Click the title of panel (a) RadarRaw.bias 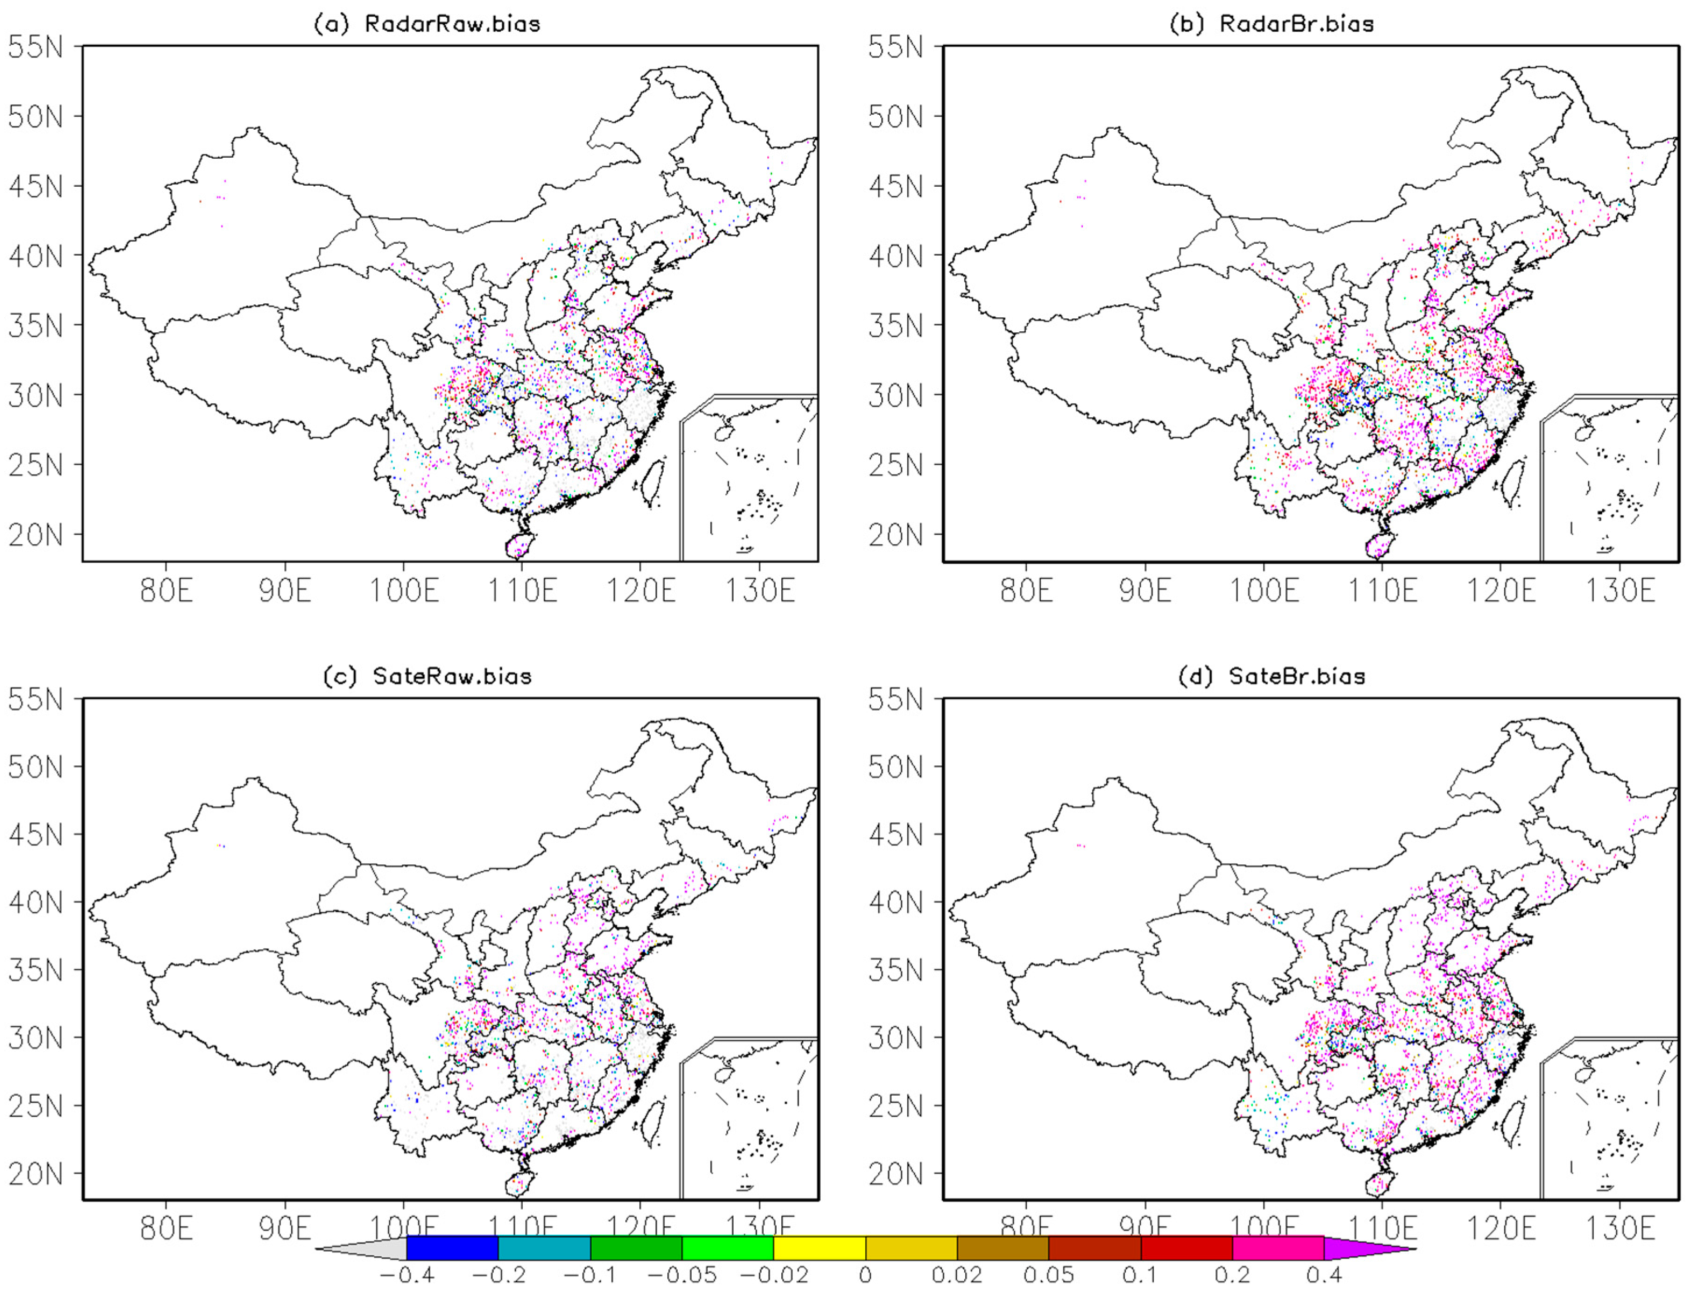pyautogui.click(x=427, y=24)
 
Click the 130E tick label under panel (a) pyautogui.click(x=759, y=591)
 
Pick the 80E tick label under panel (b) pyautogui.click(x=1026, y=591)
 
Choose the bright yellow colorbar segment pyautogui.click(x=819, y=1248)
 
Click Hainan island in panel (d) pyautogui.click(x=1376, y=1185)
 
